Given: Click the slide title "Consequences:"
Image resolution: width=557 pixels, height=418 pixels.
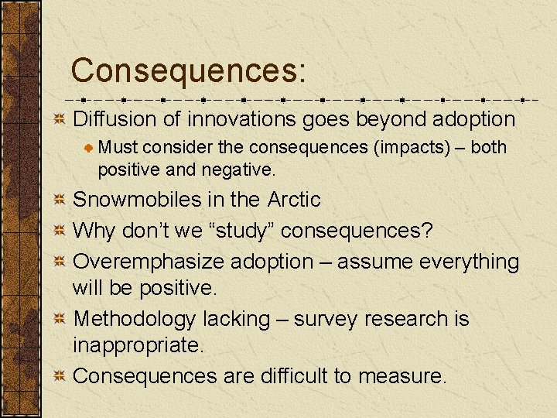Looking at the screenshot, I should click(189, 70).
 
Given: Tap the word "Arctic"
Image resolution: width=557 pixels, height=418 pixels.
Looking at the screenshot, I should click(293, 200).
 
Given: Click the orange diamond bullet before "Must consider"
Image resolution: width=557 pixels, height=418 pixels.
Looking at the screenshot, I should click(90, 148).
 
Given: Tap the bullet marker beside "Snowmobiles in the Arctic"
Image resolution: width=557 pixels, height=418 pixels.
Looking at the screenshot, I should click(60, 200).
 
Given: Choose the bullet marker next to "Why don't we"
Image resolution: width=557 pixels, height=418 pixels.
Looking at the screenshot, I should click(60, 231).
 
